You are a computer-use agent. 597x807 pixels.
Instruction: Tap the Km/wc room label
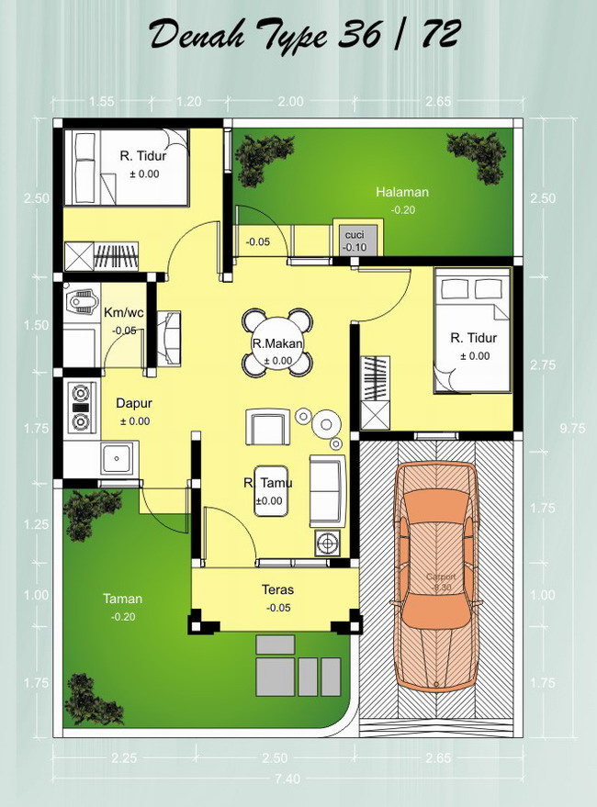click(124, 312)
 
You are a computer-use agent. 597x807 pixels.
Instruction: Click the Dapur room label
click(133, 402)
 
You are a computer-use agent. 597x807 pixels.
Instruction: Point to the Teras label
click(277, 589)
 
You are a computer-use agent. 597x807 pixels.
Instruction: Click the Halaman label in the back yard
click(402, 192)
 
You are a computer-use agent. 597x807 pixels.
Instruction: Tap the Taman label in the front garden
click(122, 599)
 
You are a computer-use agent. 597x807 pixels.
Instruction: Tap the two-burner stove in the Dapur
click(81, 407)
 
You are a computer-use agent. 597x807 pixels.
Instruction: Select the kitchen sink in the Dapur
click(117, 456)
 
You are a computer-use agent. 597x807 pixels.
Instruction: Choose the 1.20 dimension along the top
click(188, 102)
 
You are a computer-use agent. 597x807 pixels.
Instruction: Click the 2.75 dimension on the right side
click(542, 365)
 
